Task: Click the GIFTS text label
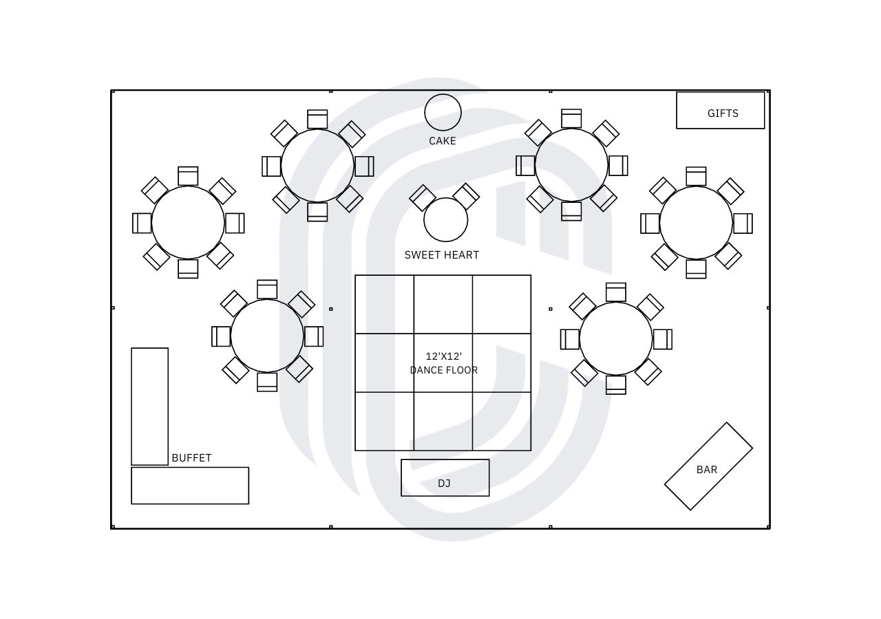point(723,113)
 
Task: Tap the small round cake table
point(443,112)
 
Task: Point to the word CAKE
point(443,141)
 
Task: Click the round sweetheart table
point(446,219)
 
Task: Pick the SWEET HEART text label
point(442,255)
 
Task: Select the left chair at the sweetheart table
point(423,198)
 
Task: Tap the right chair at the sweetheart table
point(466,197)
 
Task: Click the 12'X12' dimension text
point(444,356)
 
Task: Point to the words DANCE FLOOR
point(444,370)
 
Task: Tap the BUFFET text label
point(191,458)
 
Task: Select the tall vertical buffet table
point(149,406)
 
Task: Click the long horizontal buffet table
point(190,486)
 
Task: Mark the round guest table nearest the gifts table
point(696,223)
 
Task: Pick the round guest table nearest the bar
point(616,338)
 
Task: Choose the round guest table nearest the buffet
point(267,336)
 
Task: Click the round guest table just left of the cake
point(317,166)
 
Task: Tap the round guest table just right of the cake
point(571,165)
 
